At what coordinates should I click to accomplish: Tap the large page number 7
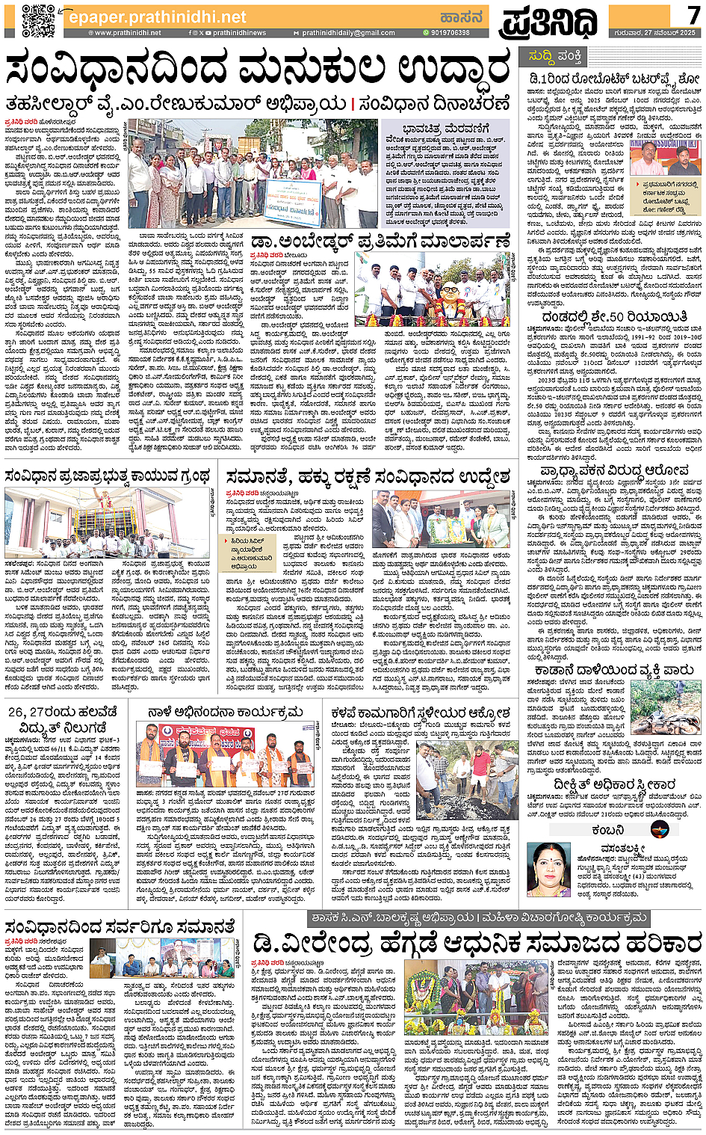coord(693,14)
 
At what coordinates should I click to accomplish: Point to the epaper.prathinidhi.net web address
coord(157,16)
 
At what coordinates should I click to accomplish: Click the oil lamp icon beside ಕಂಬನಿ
coord(659,828)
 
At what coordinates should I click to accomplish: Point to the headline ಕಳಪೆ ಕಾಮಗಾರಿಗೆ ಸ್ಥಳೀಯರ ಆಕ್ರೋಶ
coord(421,713)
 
